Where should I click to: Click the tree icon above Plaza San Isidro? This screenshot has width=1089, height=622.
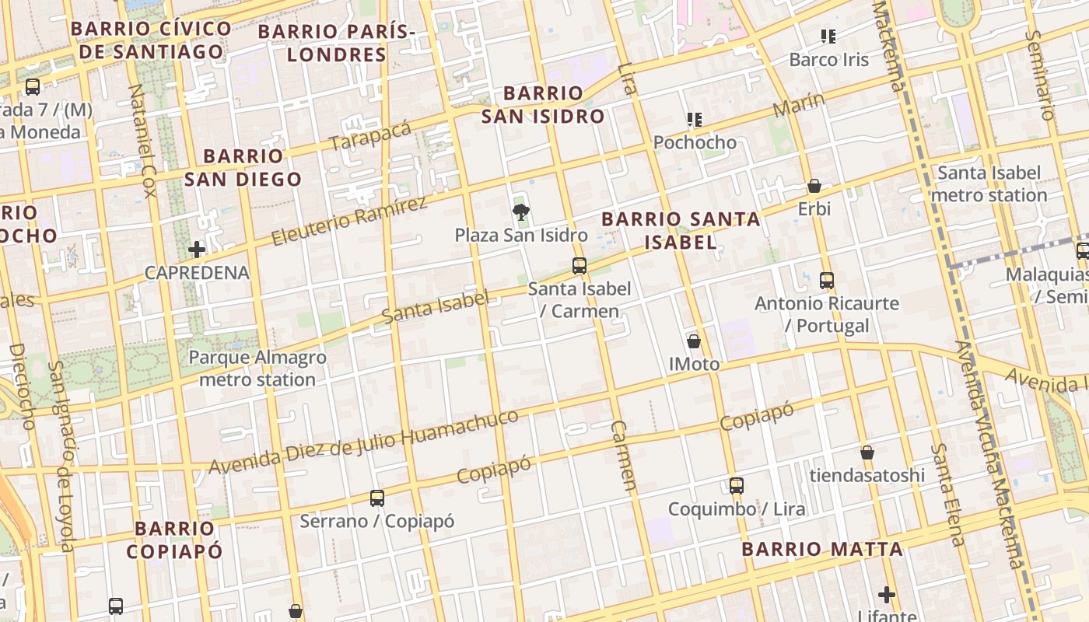[521, 211]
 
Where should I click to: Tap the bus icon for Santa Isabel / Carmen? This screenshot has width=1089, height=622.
[580, 265]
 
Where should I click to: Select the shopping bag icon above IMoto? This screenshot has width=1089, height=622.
[694, 341]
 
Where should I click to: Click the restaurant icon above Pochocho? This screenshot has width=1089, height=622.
[695, 119]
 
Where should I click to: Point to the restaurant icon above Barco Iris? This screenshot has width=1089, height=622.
[828, 36]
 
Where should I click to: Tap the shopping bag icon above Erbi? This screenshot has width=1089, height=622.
[814, 186]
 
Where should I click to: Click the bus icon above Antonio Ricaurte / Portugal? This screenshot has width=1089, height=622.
[827, 280]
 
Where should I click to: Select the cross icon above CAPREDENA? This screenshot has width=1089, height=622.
[197, 250]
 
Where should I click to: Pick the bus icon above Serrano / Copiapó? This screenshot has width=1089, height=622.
[377, 498]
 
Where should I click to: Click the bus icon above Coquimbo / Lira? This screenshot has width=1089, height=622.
[737, 486]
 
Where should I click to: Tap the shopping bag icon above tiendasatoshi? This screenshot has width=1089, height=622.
[867, 452]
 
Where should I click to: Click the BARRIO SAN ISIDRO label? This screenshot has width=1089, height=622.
[543, 105]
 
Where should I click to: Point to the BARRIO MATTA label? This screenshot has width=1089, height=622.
[822, 549]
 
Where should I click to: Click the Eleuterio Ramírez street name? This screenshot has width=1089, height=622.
[349, 221]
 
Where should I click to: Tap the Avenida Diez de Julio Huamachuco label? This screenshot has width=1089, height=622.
[363, 441]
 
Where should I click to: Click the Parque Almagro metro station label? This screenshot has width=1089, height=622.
[257, 369]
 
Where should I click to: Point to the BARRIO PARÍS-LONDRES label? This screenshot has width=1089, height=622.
[337, 43]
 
